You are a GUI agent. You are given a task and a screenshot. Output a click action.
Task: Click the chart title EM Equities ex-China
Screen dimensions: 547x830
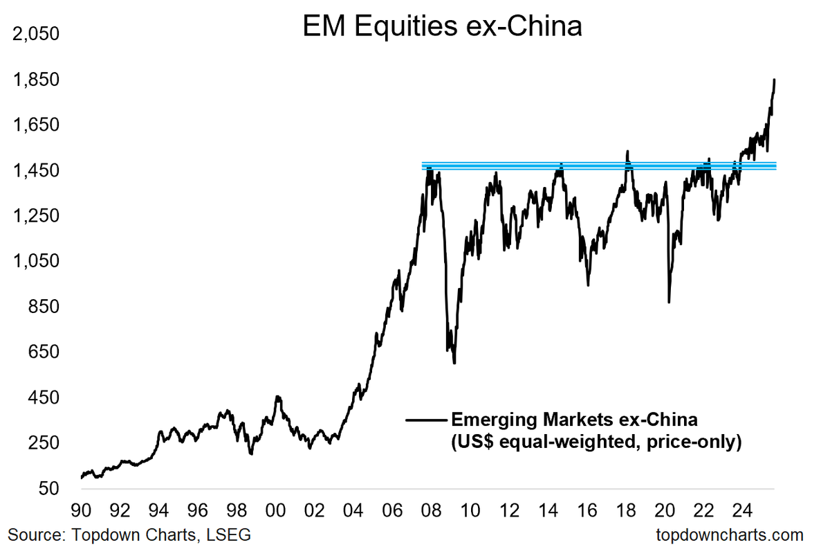click(443, 28)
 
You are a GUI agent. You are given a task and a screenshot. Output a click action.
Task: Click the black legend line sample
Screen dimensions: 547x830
click(426, 420)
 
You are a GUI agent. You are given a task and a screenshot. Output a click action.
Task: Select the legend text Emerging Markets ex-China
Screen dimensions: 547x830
click(574, 420)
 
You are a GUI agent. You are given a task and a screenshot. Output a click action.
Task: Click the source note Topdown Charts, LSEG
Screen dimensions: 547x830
click(129, 535)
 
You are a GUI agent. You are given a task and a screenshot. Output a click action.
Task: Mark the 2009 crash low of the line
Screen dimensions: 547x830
click(454, 362)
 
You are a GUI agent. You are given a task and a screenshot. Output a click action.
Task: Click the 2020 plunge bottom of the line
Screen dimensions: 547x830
click(669, 301)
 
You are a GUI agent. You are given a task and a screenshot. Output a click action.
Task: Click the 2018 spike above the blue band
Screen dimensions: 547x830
click(627, 152)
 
